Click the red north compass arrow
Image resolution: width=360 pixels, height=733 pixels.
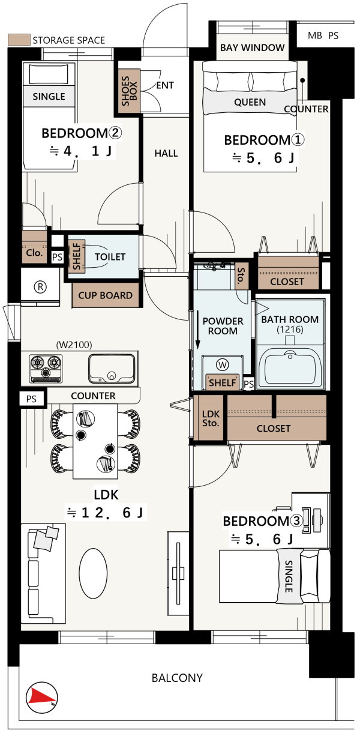[38, 698]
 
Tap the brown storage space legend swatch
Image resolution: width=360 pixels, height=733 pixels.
[19, 40]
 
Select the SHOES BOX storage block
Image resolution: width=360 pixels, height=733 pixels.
[129, 91]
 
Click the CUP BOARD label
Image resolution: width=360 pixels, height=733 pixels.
[105, 295]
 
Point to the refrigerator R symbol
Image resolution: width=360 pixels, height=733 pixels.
[40, 287]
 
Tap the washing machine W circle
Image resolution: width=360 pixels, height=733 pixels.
[223, 364]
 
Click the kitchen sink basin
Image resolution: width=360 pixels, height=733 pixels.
[112, 368]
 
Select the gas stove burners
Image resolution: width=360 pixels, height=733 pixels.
[46, 368]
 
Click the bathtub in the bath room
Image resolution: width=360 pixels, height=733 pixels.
[290, 366]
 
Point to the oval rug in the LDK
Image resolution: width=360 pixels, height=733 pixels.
[93, 573]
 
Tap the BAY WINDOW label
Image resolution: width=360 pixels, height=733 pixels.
[252, 48]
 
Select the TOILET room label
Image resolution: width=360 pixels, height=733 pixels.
[110, 257]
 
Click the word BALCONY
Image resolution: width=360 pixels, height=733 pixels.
[177, 678]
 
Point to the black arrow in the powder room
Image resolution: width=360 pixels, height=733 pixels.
[197, 330]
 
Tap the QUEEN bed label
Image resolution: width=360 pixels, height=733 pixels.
[250, 103]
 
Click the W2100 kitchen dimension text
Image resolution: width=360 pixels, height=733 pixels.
[74, 345]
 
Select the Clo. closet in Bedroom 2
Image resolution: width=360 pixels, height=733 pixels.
[34, 247]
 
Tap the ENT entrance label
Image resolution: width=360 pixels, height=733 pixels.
[165, 85]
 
